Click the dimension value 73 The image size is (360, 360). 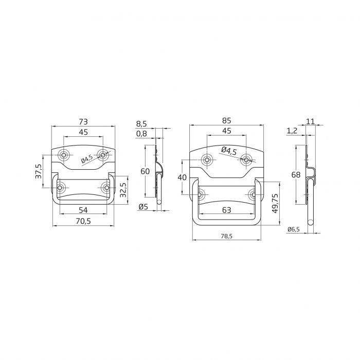83,121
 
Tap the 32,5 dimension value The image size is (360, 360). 123,191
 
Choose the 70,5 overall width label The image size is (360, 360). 83,221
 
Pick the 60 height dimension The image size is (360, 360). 146,171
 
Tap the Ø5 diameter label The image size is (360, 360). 143,207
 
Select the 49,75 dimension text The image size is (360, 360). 275,203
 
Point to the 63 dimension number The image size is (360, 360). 226,209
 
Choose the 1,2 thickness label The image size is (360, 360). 292,132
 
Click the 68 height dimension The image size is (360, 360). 296,175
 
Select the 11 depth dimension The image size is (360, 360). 310,121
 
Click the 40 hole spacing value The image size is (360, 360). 182,177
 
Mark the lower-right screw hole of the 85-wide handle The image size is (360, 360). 253,194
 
